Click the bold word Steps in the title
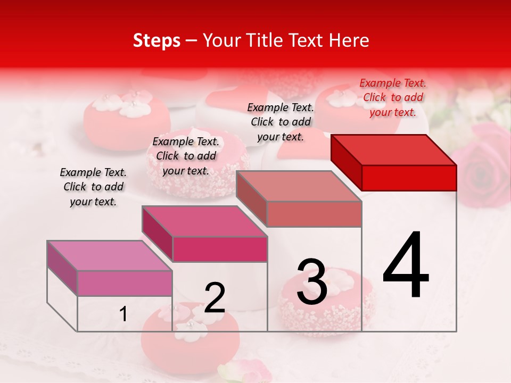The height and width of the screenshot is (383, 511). tap(156, 40)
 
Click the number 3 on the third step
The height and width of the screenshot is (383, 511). tap(312, 282)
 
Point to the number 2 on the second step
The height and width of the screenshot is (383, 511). tap(215, 298)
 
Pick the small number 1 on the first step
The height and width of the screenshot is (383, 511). tap(123, 314)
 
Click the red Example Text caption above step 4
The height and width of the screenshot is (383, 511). tap(393, 97)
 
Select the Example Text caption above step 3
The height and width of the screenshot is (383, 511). tap(281, 122)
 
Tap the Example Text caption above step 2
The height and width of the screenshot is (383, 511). tap(186, 156)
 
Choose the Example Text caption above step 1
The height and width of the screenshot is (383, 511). tap(93, 187)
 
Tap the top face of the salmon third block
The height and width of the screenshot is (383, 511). tap(299, 186)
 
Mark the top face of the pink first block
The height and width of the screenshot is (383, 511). tap(110, 255)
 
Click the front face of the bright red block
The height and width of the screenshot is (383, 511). tap(409, 178)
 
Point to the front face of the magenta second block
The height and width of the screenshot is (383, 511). tap(220, 249)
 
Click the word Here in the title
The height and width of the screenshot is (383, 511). tap(350, 40)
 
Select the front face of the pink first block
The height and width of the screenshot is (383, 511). tap(125, 283)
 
